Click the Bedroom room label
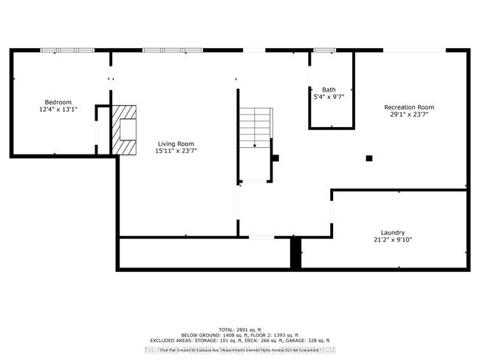tap(58, 101)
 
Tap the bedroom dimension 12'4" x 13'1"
tap(58, 109)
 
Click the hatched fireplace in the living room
tap(124, 129)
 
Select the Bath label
tap(329, 89)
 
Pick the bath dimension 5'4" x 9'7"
tap(329, 97)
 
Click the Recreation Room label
tap(408, 107)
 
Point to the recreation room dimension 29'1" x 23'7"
tap(408, 115)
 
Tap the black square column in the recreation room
tap(369, 157)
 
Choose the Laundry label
tap(392, 232)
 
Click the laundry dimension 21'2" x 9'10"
tap(392, 240)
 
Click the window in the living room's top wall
tap(173, 50)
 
